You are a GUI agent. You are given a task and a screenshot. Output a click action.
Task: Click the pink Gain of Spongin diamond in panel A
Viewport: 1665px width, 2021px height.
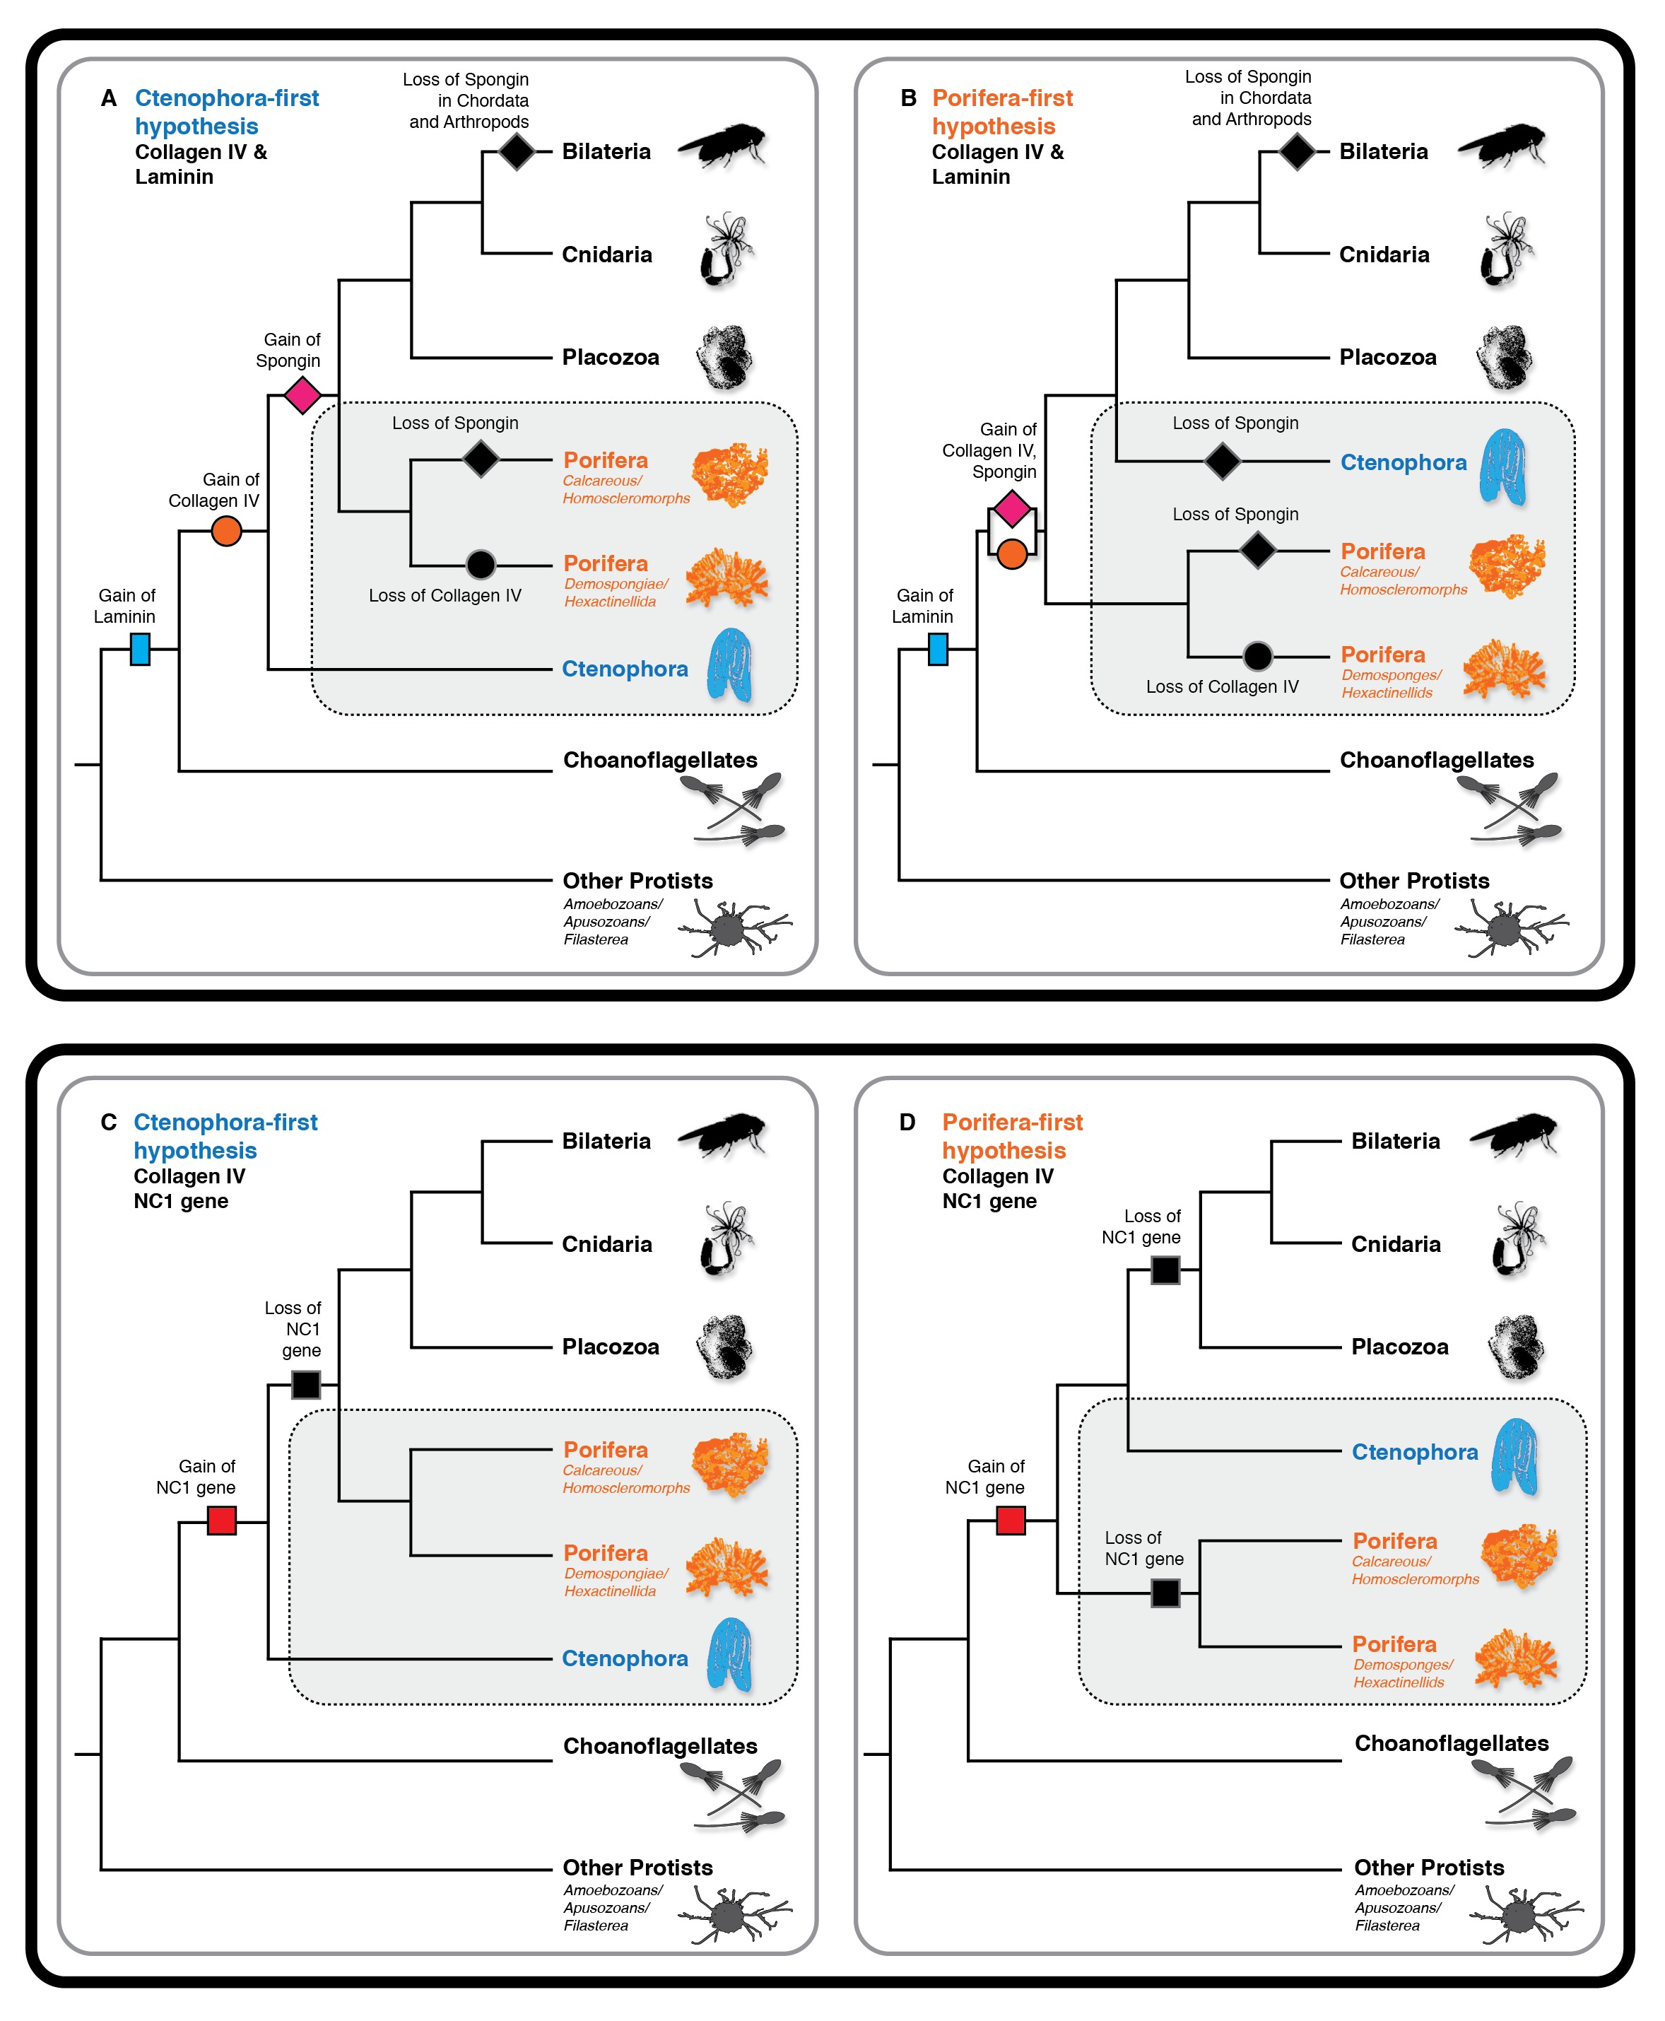(302, 394)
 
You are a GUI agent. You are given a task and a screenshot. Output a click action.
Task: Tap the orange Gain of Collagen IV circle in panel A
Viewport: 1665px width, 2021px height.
(226, 530)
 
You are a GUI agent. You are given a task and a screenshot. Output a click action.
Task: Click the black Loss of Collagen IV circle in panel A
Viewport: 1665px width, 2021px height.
(481, 565)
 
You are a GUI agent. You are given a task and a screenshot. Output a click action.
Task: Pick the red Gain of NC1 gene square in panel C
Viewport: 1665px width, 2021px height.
(222, 1521)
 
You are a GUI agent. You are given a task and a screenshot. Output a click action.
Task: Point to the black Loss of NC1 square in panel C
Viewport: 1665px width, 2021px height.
(306, 1385)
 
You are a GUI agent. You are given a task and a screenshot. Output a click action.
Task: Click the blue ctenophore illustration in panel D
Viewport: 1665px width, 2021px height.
(1514, 1456)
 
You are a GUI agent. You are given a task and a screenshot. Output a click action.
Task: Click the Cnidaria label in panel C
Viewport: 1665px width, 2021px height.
(606, 1244)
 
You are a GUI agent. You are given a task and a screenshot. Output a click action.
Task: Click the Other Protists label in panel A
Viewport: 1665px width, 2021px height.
(637, 881)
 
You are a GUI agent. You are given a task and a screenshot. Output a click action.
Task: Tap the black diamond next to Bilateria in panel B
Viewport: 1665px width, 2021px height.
(1298, 151)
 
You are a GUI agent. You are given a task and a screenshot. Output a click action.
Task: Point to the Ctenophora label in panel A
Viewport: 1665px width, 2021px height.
(625, 669)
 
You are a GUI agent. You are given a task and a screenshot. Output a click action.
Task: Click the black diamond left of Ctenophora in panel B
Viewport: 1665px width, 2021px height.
(1222, 462)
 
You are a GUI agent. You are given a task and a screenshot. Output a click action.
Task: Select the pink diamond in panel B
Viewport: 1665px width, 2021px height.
(1012, 508)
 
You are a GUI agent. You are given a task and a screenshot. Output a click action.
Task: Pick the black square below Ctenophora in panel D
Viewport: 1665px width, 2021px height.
(1165, 1593)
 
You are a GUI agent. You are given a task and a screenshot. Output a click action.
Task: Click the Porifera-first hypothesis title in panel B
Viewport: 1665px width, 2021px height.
(1002, 112)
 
